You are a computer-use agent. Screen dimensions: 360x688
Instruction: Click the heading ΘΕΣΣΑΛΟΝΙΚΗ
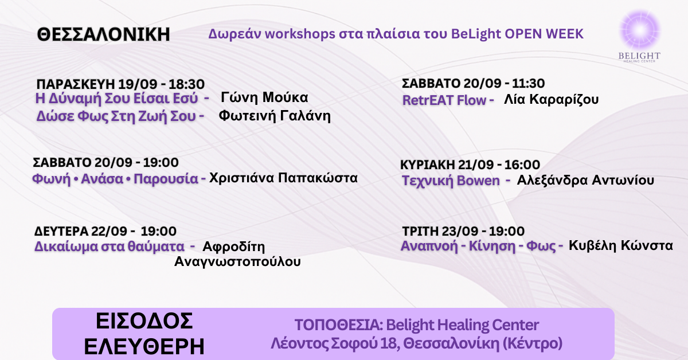[103, 35]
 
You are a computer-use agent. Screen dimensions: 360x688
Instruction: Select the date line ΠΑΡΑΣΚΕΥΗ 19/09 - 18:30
[120, 84]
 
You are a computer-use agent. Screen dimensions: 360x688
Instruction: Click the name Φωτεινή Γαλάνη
[275, 116]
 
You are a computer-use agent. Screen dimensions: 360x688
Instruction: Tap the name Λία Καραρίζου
[551, 100]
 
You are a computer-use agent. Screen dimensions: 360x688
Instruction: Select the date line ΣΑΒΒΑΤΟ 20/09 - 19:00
[105, 162]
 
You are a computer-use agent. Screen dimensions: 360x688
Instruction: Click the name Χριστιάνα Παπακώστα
[283, 178]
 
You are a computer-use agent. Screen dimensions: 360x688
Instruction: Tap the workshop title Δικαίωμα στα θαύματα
[110, 246]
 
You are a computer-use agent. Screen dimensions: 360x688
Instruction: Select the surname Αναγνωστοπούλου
[237, 262]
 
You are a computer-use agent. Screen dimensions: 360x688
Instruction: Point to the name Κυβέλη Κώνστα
[620, 246]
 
